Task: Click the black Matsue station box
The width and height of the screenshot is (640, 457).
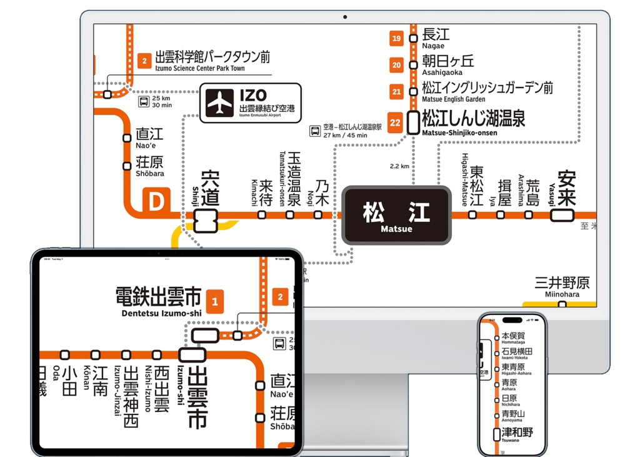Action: [396, 215]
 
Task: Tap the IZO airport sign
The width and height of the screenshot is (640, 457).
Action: [250, 103]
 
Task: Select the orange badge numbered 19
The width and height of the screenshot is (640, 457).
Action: [396, 39]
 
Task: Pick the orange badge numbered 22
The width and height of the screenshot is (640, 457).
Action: [395, 123]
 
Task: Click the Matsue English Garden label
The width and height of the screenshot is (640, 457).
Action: [487, 91]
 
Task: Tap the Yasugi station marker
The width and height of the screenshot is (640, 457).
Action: [562, 215]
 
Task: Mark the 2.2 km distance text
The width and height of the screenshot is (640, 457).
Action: [399, 166]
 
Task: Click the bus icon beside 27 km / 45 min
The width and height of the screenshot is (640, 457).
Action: [316, 131]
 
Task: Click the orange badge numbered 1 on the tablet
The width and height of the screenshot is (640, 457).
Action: [215, 302]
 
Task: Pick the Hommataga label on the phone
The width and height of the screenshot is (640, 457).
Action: [513, 338]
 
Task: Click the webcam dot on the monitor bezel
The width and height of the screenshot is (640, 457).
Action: [344, 17]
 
